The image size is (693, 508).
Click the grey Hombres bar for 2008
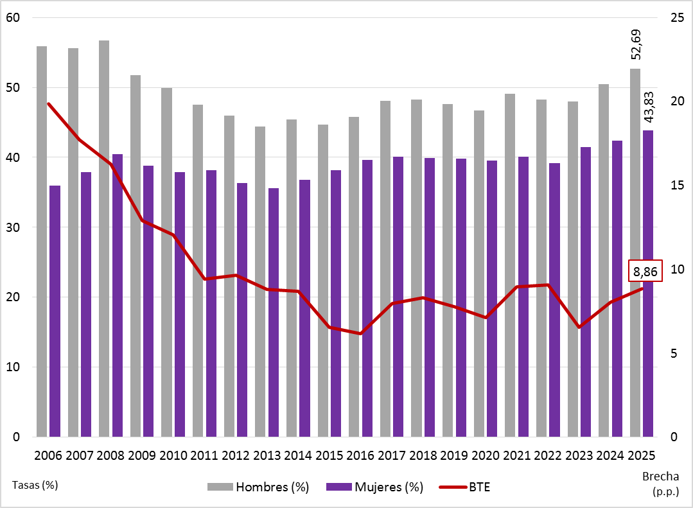pos(104,238)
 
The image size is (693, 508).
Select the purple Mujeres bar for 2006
pos(55,311)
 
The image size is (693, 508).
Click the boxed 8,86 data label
pos(645,272)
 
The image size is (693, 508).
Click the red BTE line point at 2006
pos(49,103)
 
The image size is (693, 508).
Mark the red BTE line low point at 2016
pos(361,333)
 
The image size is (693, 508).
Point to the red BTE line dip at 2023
pos(579,327)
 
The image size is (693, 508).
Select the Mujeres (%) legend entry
pos(375,487)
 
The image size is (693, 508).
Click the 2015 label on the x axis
pos(329,455)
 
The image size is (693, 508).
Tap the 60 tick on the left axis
pos(13,18)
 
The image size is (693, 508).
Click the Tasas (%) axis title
pos(35,485)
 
